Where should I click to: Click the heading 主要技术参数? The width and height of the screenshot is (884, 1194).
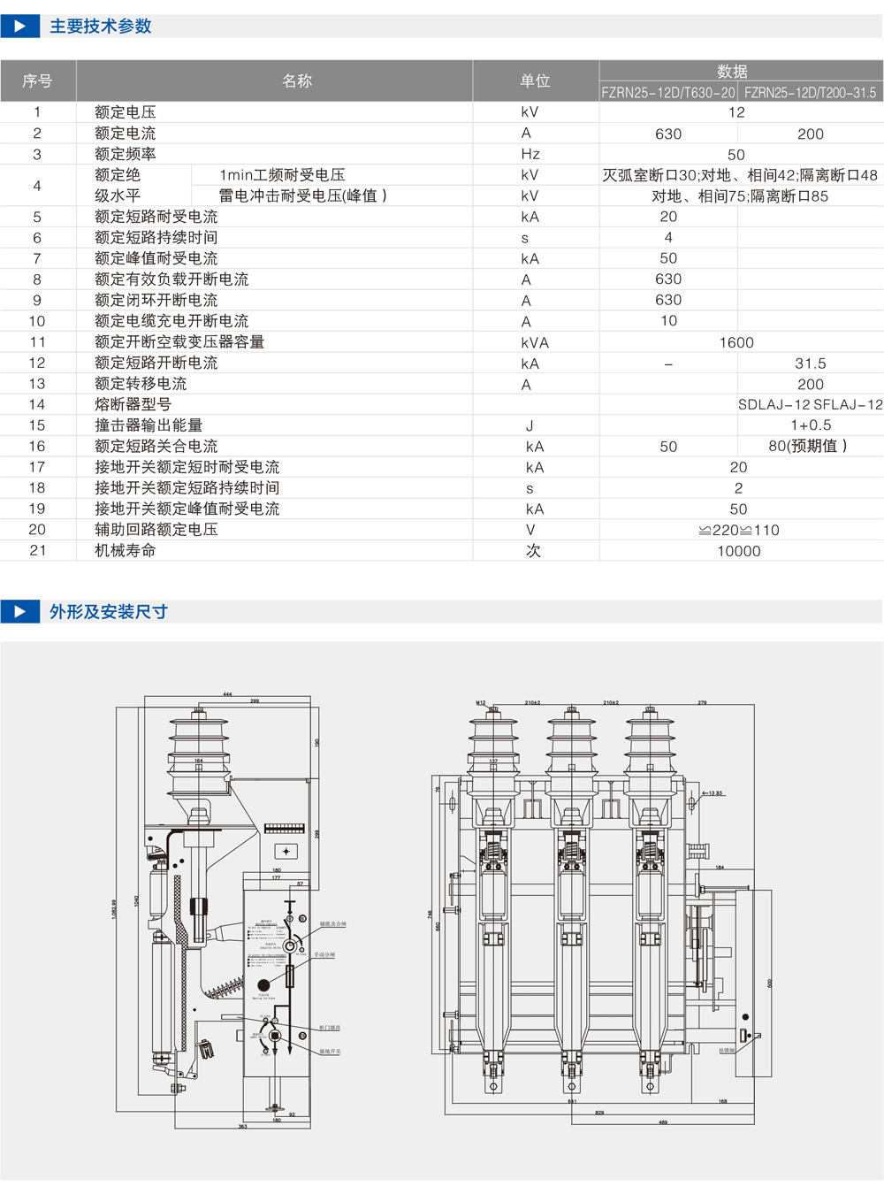tap(100, 27)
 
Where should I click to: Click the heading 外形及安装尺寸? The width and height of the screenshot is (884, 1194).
tap(108, 612)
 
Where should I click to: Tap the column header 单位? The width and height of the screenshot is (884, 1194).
tap(535, 81)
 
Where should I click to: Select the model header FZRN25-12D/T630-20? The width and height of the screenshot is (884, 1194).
tap(668, 93)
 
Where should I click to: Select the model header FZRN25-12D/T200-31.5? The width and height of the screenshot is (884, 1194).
tap(810, 93)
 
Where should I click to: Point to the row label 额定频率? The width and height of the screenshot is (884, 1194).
tap(126, 154)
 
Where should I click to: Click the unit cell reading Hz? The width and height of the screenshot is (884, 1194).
tap(530, 154)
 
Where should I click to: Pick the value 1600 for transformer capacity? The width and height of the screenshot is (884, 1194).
tap(736, 342)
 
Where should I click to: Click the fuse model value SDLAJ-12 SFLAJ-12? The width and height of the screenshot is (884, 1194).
tap(810, 405)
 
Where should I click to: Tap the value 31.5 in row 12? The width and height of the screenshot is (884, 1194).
tap(810, 364)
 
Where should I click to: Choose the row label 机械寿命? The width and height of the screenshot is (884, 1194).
tap(126, 550)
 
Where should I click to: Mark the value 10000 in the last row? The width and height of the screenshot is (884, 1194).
tap(738, 551)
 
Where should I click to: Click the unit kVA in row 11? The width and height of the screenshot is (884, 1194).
tap(535, 342)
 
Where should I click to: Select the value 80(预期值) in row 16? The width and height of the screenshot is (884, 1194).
tap(807, 447)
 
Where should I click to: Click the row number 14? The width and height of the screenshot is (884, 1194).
tap(37, 404)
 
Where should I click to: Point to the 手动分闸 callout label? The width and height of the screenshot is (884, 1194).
tap(324, 955)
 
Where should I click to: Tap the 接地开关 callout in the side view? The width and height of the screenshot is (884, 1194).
tap(330, 1052)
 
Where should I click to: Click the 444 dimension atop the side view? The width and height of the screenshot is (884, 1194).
tap(227, 694)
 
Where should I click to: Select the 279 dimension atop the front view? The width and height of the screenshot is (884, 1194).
tap(702, 702)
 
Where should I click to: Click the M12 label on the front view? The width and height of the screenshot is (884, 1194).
tap(481, 702)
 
